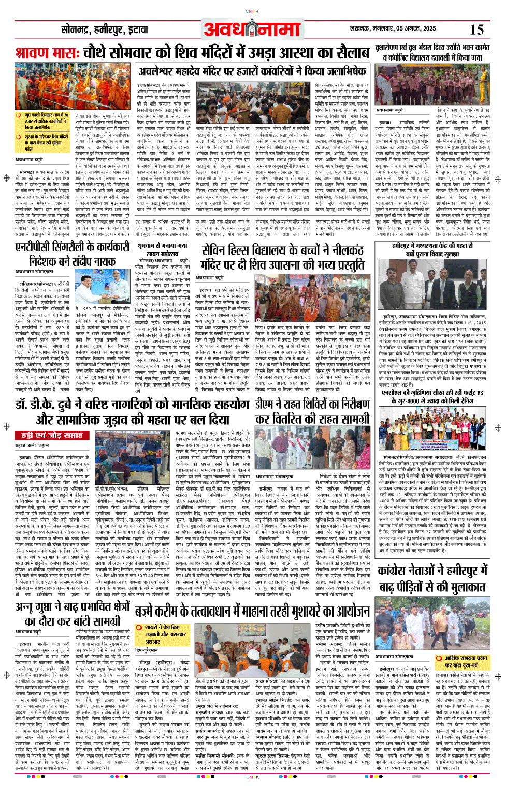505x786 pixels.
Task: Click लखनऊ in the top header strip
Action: pyautogui.click(x=361, y=28)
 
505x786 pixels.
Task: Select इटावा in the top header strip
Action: pyautogui.click(x=135, y=30)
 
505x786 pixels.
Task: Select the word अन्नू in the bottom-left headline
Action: pyautogui.click(x=25, y=607)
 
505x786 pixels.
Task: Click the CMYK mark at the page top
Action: pyautogui.click(x=252, y=11)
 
